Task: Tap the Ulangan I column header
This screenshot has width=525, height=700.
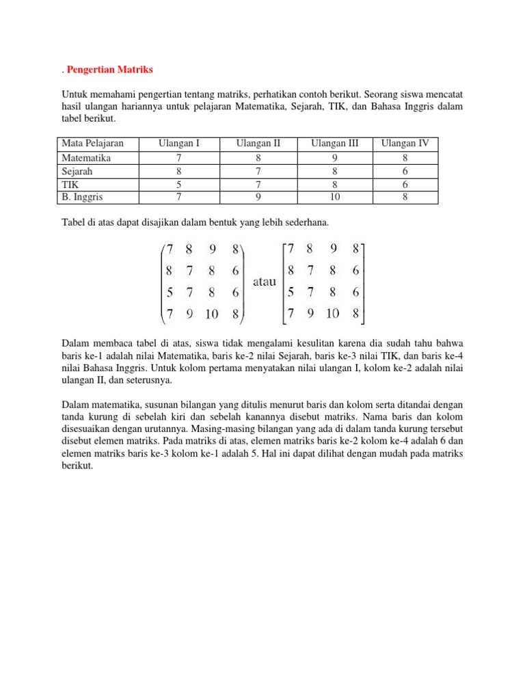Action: (179, 144)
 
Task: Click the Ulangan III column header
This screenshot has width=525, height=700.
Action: (335, 144)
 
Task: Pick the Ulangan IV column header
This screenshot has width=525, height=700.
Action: (405, 144)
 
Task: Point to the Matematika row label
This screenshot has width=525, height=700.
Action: (86, 157)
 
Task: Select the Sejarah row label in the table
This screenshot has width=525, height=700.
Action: (77, 171)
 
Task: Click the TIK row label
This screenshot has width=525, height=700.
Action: (70, 185)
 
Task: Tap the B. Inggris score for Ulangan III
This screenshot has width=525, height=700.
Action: (335, 198)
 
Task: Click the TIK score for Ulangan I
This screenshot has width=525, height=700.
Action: (179, 185)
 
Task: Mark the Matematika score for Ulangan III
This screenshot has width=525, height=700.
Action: (335, 157)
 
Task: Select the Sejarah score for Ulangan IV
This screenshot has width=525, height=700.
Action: (405, 171)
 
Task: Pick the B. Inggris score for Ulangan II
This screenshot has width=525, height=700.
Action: (258, 198)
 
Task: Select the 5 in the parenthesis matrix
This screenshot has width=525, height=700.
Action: (169, 293)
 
